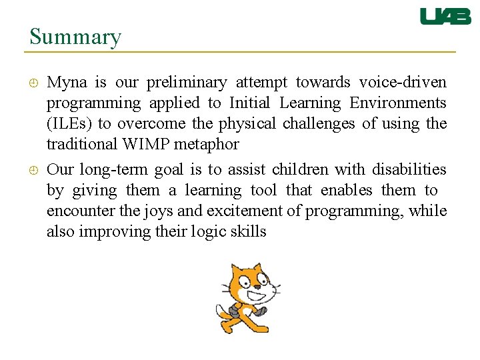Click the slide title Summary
(x=75, y=37)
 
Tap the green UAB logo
(x=445, y=17)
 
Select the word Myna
(x=67, y=83)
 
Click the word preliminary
(x=187, y=83)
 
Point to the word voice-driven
(x=403, y=83)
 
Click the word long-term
(x=115, y=170)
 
